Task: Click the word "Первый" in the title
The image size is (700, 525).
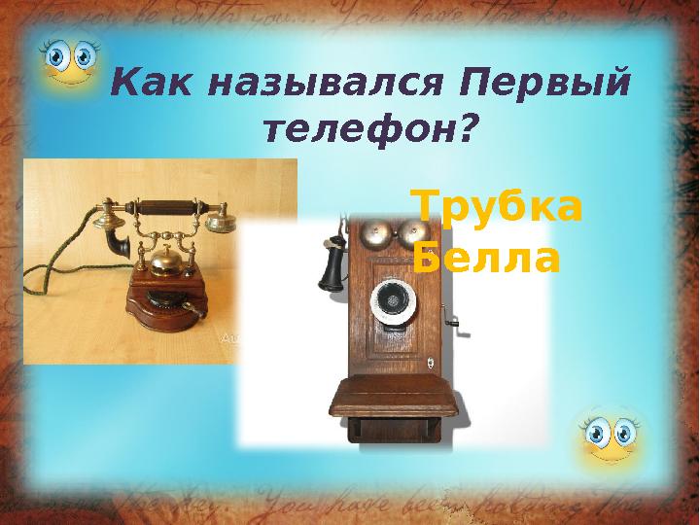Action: point(546,85)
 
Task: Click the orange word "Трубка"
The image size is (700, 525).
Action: point(497,207)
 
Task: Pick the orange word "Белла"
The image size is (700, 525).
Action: point(486,259)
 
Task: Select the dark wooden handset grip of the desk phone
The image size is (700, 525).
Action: point(167,207)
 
